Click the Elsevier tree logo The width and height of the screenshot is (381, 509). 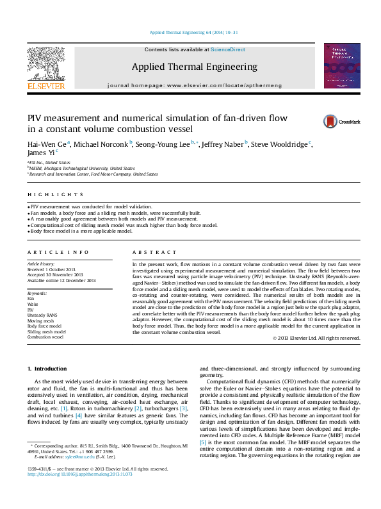pos(45,62)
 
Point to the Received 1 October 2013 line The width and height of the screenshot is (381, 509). pos(51,269)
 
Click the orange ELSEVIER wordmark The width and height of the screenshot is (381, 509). pos(45,86)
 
